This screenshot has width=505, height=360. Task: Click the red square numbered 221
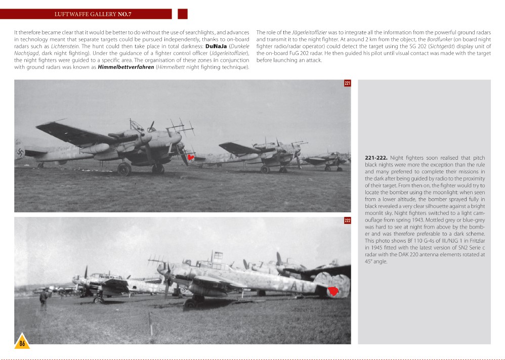click(347, 83)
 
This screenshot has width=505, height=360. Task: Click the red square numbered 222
click(347, 220)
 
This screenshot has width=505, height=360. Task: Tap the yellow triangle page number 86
click(22, 343)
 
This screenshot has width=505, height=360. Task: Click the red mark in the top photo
click(191, 157)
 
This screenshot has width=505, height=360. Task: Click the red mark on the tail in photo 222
click(333, 291)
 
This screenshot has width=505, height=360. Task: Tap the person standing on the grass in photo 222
click(44, 298)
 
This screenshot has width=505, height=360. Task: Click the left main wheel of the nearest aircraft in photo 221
click(124, 169)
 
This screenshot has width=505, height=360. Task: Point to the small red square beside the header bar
click(183, 14)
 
